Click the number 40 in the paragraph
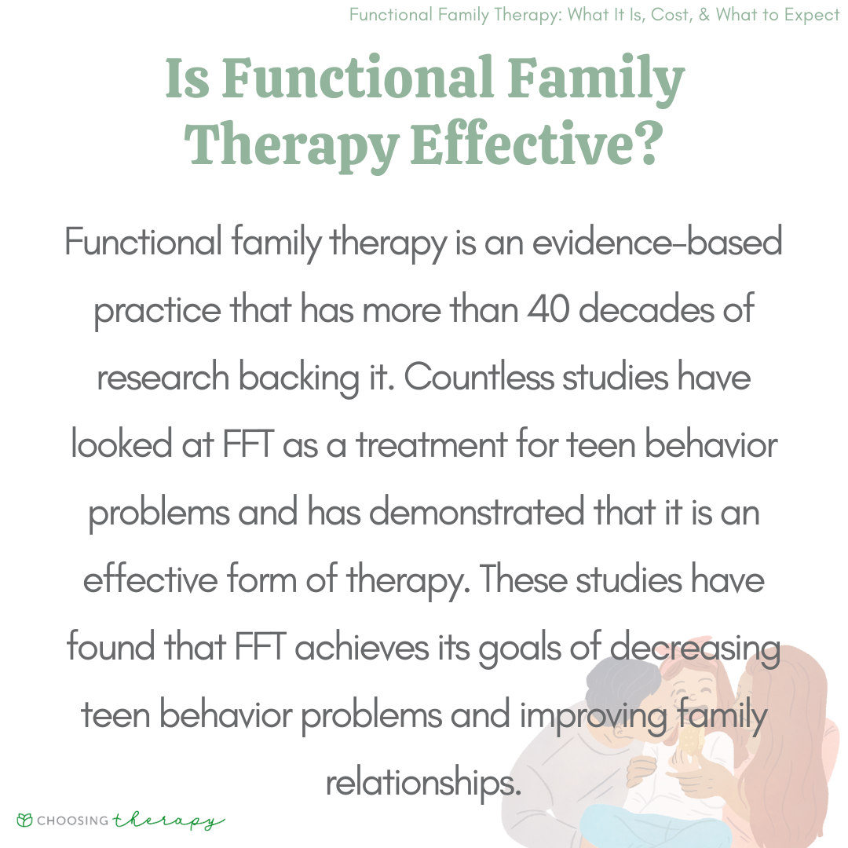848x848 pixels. pos(548,309)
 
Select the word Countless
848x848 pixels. pos(479,376)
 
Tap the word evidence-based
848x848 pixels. pos(657,242)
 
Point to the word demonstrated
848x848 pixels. pos(477,512)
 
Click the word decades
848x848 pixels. pos(646,309)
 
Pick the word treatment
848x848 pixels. pos(431,444)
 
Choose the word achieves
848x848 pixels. pos(361,647)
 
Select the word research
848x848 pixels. pos(163,376)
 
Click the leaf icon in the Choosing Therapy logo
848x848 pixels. pos(25,820)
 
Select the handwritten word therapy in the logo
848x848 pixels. pos(168,821)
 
